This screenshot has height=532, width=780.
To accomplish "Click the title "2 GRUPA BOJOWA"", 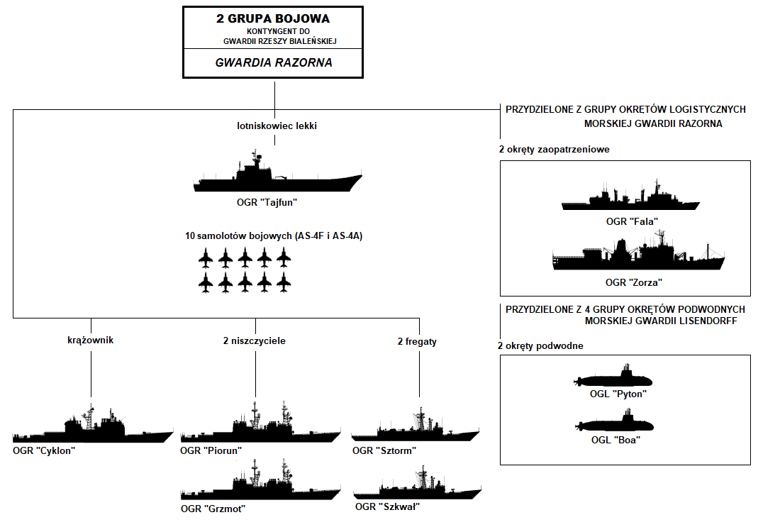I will (273, 18).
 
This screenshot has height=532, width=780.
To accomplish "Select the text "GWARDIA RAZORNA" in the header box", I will (274, 62).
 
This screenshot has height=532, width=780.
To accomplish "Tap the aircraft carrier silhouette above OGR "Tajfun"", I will (277, 177).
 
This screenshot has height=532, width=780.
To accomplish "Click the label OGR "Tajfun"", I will (267, 203).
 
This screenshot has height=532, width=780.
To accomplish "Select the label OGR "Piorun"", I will (211, 450).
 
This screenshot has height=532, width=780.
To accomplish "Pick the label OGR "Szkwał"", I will (388, 506).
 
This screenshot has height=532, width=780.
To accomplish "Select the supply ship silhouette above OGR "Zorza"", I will (638, 257).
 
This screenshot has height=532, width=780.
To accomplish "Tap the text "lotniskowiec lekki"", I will (277, 126).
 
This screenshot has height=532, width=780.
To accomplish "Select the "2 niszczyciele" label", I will (254, 341).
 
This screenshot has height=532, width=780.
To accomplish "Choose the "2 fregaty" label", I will (417, 341).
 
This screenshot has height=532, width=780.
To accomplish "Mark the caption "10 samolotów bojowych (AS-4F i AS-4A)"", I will (273, 235).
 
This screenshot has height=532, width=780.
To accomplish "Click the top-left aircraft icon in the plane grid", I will (206, 259).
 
